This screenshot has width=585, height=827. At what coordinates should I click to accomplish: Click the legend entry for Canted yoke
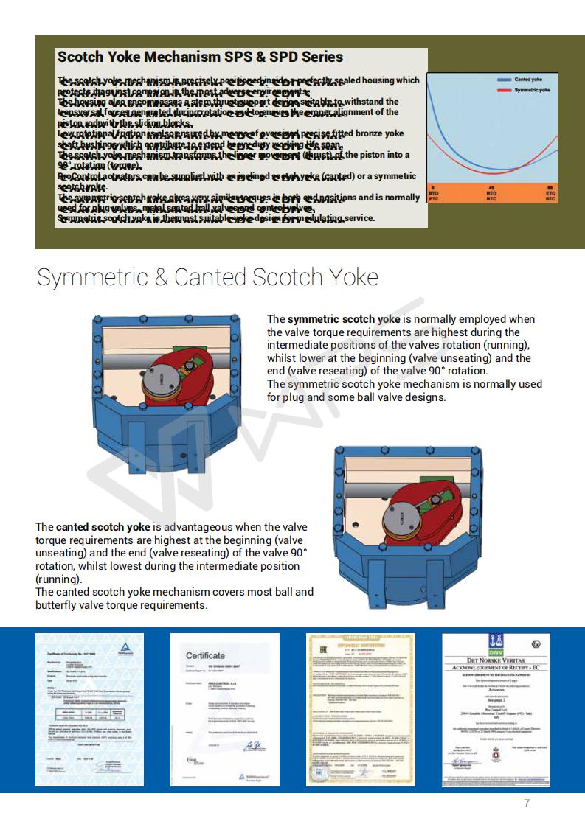(x=528, y=80)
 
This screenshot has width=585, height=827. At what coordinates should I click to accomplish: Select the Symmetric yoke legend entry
(x=531, y=90)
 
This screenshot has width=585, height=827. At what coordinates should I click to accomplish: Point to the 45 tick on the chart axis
(x=491, y=188)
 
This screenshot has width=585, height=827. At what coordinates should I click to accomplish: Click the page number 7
(x=527, y=803)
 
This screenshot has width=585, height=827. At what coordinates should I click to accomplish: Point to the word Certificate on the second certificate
(x=205, y=655)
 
